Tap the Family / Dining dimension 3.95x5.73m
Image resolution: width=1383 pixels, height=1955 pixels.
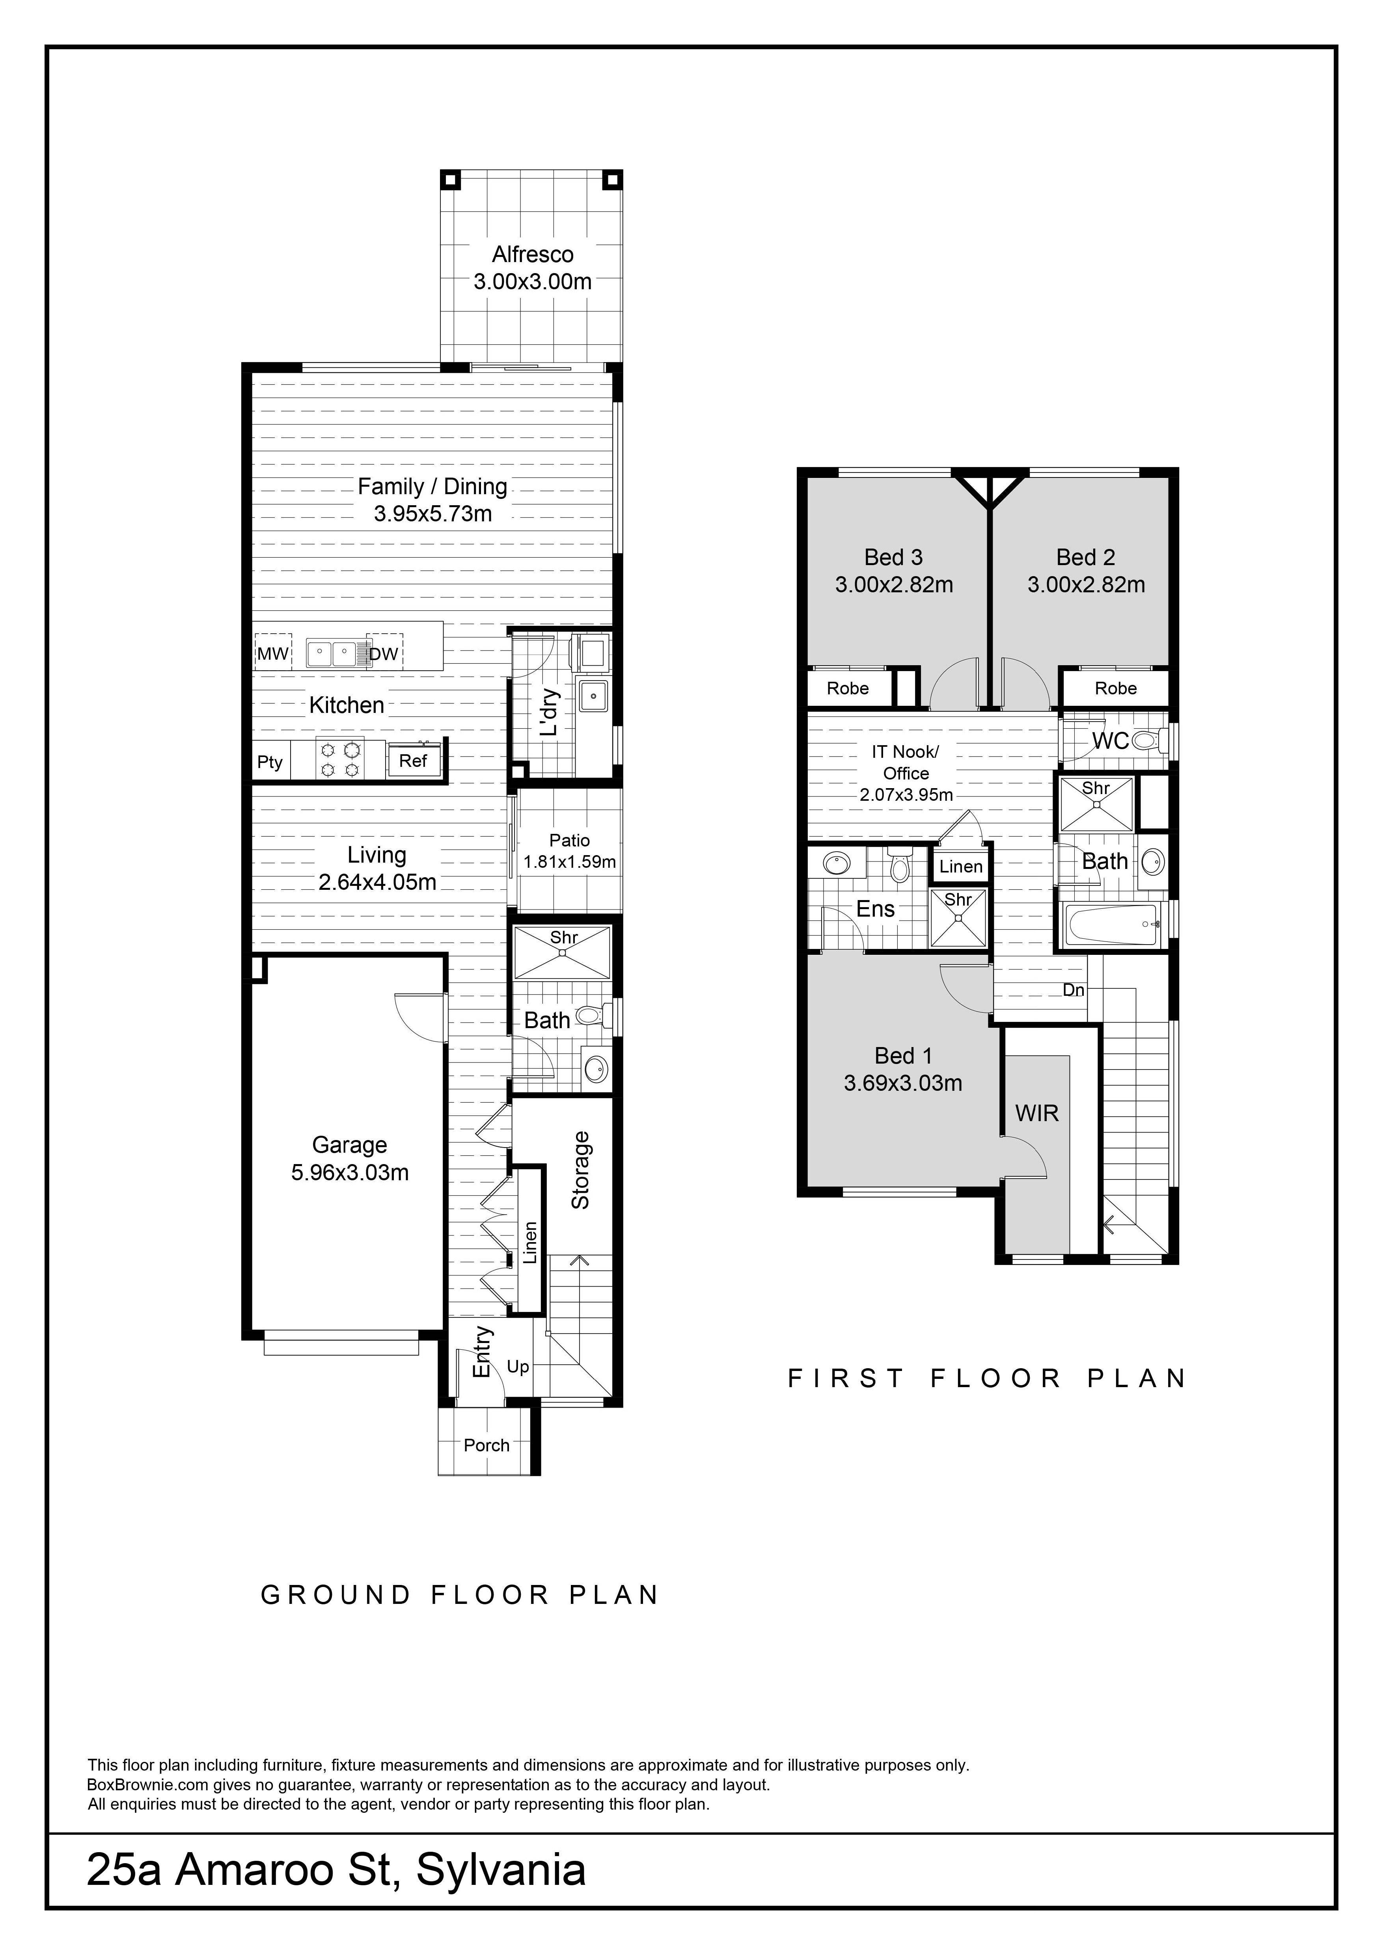[432, 513]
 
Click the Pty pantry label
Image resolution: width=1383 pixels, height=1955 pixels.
[270, 761]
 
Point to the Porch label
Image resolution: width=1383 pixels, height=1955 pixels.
[486, 1445]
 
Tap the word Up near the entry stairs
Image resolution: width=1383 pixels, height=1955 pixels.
[518, 1367]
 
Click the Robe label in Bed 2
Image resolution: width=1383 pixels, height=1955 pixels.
[1116, 688]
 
